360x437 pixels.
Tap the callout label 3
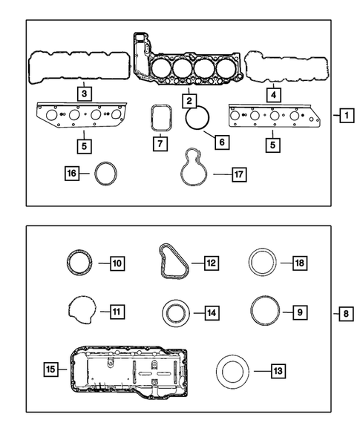click(x=85, y=93)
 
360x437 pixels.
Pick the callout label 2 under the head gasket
click(x=190, y=99)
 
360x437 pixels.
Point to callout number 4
click(x=273, y=94)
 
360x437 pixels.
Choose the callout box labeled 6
click(x=220, y=139)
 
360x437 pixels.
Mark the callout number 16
click(x=71, y=174)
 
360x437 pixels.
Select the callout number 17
click(x=238, y=175)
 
